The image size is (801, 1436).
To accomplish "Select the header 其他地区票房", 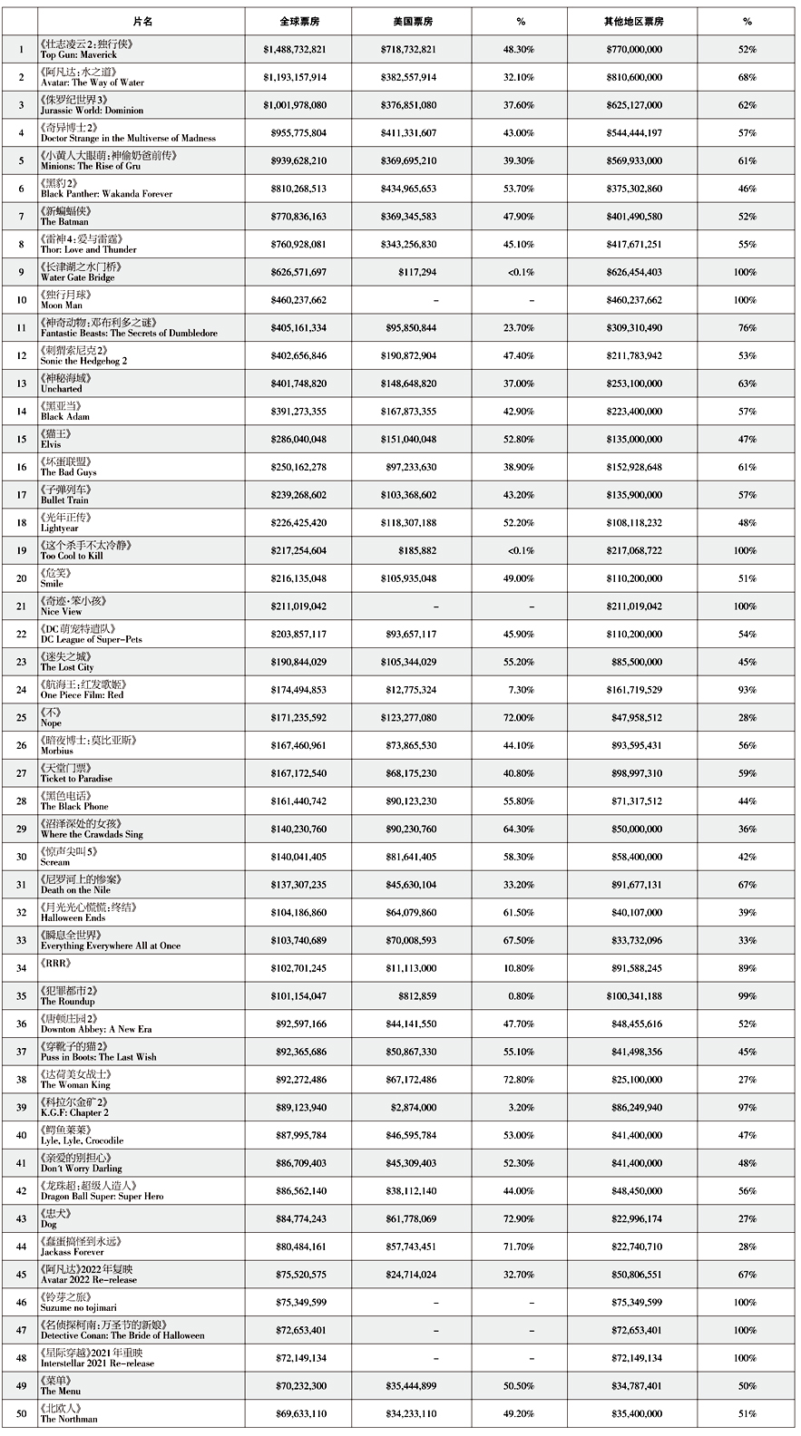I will pyautogui.click(x=634, y=21).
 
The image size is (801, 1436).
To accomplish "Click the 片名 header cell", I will pyautogui.click(x=142, y=21).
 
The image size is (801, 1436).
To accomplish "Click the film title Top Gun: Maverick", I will pyautogui.click(x=79, y=54).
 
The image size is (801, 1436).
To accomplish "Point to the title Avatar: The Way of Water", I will pyautogui.click(x=93, y=82).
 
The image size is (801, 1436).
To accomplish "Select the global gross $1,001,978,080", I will pyautogui.click(x=295, y=105).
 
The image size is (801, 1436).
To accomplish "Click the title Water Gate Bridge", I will pyautogui.click(x=78, y=277).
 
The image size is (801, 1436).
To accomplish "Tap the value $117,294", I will pyautogui.click(x=416, y=272).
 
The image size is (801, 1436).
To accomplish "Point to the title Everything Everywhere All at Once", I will pyautogui.click(x=111, y=946).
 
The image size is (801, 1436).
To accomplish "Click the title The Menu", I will pyautogui.click(x=61, y=1391).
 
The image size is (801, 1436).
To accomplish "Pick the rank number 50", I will pyautogui.click(x=21, y=1413).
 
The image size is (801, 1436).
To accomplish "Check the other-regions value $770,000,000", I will pyautogui.click(x=634, y=49).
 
